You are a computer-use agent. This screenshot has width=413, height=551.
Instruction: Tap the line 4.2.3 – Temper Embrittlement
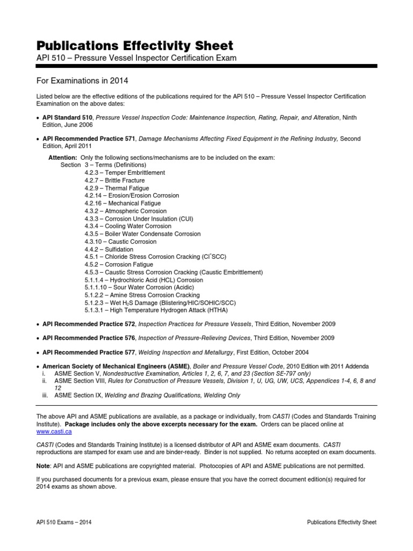click(x=124, y=173)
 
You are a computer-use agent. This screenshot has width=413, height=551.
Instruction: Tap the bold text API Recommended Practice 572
click(x=89, y=324)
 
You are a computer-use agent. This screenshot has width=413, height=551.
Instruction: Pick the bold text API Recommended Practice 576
click(x=89, y=338)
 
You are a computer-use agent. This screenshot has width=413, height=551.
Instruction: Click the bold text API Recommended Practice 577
click(x=89, y=352)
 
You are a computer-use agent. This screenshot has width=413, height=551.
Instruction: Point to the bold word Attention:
click(x=63, y=157)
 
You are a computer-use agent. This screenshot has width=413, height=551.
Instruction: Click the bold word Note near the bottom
click(x=44, y=466)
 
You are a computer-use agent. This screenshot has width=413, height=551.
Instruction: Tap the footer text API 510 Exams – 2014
click(x=61, y=522)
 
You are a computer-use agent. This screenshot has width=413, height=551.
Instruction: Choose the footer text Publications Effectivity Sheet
click(x=341, y=522)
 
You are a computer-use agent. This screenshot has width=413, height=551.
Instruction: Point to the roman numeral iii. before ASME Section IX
click(x=45, y=395)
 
